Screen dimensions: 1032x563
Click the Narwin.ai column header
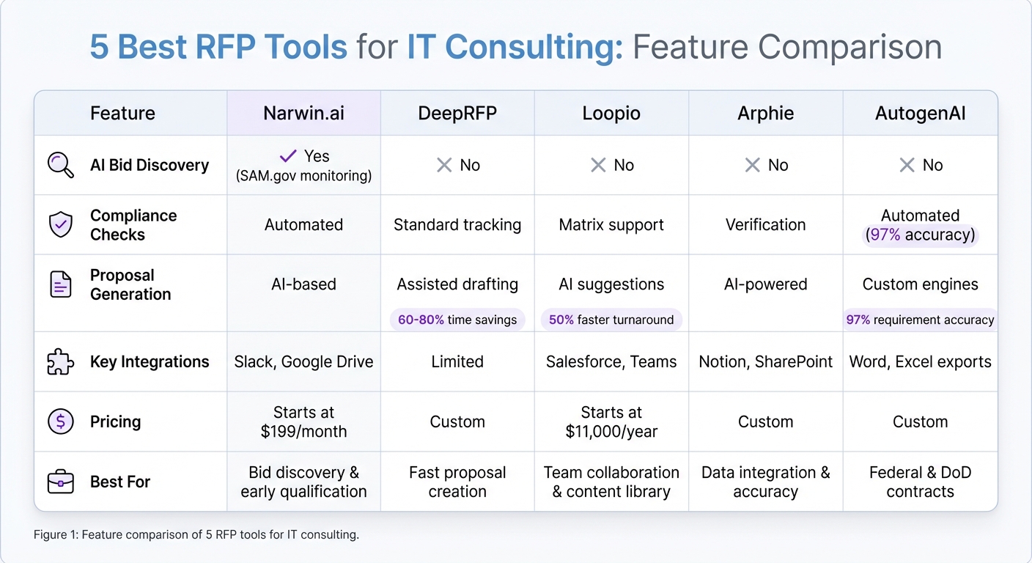click(303, 114)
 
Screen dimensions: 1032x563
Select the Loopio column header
click(611, 114)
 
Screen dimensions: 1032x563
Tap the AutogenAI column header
click(920, 114)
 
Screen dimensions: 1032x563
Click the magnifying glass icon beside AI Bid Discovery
click(60, 165)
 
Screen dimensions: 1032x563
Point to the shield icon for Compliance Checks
click(60, 224)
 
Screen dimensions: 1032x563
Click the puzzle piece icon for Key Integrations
click(60, 361)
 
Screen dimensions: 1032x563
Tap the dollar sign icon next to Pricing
click(60, 421)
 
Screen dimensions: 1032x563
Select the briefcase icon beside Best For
click(60, 482)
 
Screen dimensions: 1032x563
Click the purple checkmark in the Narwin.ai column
click(288, 155)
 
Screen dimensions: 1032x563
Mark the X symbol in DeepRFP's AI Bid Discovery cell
click(444, 165)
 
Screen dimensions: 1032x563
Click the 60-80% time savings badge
click(457, 320)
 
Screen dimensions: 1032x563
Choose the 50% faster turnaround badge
click(611, 320)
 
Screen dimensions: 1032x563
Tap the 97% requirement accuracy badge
click(920, 320)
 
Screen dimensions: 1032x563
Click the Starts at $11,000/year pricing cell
click(611, 422)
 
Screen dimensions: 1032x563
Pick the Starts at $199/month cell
click(303, 422)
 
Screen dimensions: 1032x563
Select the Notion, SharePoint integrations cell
click(766, 361)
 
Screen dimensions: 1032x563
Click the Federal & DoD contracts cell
click(920, 482)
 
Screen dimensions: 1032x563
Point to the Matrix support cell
click(611, 224)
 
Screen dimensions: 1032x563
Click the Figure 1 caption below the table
click(196, 534)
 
